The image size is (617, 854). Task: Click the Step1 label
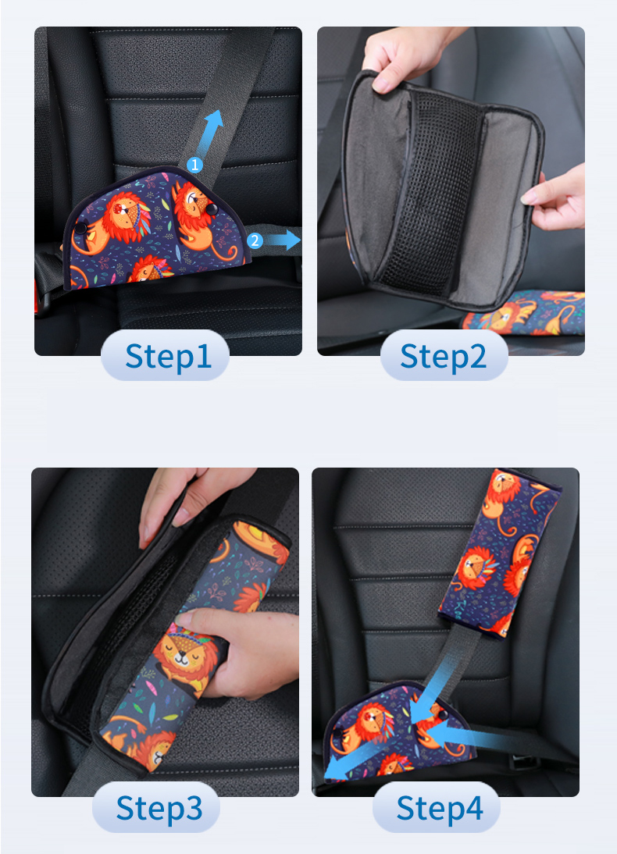pos(168,357)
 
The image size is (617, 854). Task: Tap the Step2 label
pos(443,357)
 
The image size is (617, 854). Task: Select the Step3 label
pos(159,808)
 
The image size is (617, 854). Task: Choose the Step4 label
pos(439,808)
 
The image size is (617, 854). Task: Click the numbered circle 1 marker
pos(194,165)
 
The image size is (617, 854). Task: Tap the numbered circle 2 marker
pos(255,240)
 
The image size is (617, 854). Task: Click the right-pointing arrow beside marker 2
pos(283,240)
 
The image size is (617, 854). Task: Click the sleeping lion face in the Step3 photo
pos(184,653)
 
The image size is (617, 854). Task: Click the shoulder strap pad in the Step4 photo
pos(499,553)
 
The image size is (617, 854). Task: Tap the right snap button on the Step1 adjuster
pos(211,209)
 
